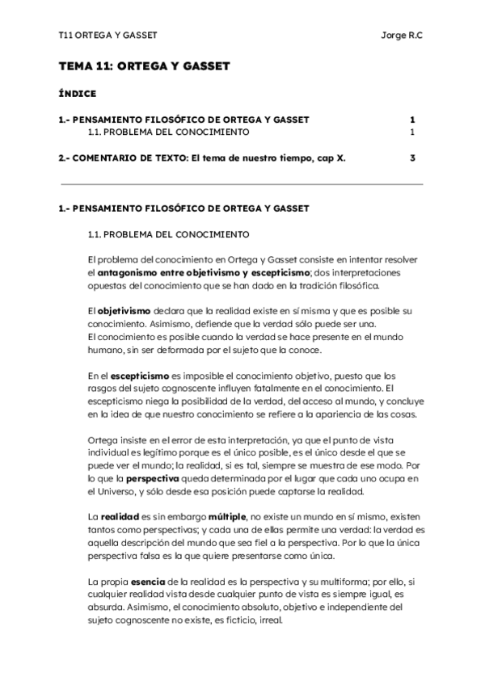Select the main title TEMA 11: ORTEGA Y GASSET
(145, 66)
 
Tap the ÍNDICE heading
(78, 94)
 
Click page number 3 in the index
(412, 158)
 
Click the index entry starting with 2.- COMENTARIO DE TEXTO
(202, 158)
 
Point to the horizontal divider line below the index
(241, 185)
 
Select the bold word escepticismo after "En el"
(139, 376)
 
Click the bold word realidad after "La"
(120, 515)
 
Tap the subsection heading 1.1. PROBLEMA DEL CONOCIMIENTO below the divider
(168, 235)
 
